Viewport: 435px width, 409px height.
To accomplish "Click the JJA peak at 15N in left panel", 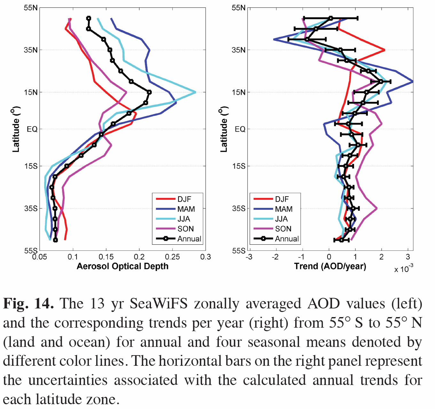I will coord(195,92).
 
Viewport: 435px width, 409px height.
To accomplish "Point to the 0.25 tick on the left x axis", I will coord(172,257).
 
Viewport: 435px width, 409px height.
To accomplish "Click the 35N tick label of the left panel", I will coord(31,50).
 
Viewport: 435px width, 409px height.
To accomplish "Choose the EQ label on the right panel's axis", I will coord(240,129).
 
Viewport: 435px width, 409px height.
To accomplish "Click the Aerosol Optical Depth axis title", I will coord(123,266).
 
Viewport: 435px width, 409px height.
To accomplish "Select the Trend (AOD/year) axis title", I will coord(330,266).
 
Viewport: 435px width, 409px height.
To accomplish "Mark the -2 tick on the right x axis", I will coord(275,257).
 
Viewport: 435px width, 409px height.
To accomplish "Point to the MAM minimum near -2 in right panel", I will coord(274,39).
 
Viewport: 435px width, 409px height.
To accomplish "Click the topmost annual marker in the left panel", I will coord(89,19).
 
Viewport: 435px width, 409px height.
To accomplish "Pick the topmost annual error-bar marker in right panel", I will coord(331,18).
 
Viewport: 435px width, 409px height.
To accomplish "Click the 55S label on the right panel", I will coord(239,250).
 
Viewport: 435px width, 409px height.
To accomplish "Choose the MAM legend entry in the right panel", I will coord(284,209).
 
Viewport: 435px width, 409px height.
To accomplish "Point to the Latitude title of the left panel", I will coord(16,129).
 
